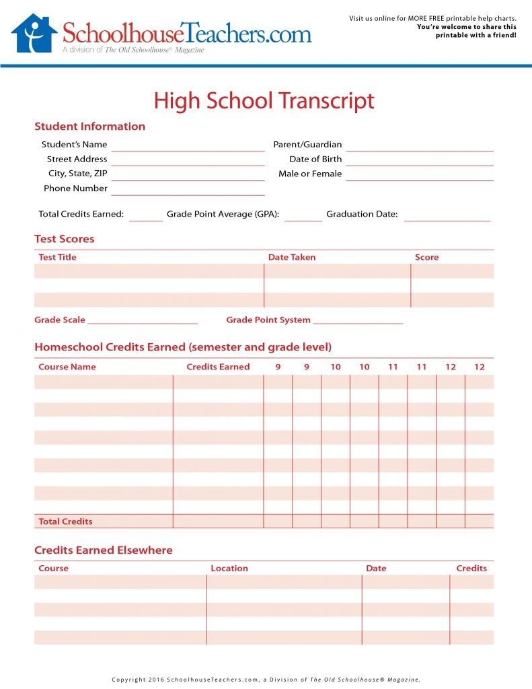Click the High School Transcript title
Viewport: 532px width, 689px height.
(264, 101)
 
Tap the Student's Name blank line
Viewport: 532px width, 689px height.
(188, 146)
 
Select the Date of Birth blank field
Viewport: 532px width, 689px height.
(420, 161)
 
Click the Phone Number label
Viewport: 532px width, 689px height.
(75, 188)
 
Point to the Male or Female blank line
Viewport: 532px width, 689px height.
(420, 176)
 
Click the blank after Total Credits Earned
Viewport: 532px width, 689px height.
(146, 216)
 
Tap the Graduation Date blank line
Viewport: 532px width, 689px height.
(447, 216)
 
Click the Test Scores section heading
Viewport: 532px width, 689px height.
(65, 239)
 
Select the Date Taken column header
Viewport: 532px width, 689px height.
(291, 257)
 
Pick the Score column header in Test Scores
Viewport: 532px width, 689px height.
(426, 257)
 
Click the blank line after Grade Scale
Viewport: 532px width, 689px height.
(143, 321)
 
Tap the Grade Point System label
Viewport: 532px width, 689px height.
(268, 320)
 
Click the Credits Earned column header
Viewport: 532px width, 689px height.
(218, 367)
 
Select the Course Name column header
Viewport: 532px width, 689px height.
(67, 367)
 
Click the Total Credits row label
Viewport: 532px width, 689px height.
(65, 521)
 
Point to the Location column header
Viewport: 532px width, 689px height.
(229, 568)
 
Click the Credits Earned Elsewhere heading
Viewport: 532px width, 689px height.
(104, 550)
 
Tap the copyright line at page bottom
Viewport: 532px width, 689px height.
(266, 680)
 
